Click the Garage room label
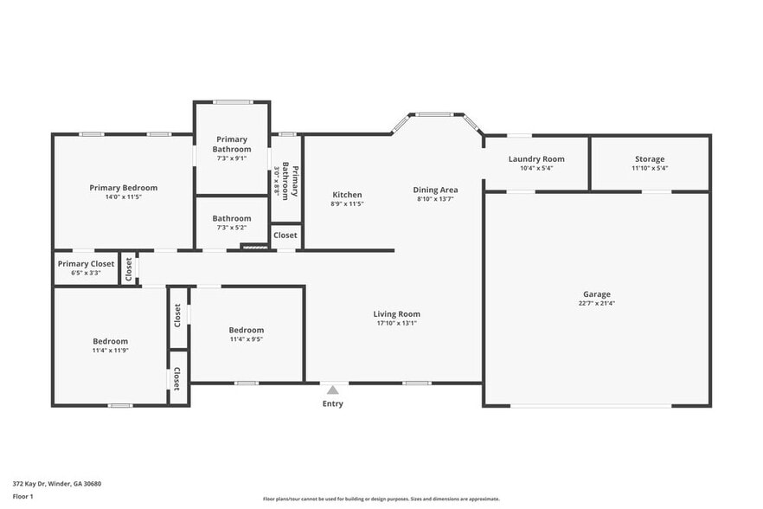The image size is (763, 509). click(596, 294)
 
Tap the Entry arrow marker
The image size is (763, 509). click(332, 390)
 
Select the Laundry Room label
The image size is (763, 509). click(536, 159)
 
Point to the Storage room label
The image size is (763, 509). click(650, 159)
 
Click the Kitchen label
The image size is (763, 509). click(347, 195)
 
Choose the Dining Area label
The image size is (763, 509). click(435, 190)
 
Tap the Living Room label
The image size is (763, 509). click(396, 314)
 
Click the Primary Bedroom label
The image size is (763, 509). click(124, 188)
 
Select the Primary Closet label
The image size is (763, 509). click(86, 264)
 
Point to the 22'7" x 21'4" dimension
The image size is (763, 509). click(596, 304)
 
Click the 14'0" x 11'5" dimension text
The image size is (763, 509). click(124, 197)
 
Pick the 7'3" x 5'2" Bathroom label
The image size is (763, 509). click(232, 219)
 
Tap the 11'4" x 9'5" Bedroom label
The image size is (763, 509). click(247, 330)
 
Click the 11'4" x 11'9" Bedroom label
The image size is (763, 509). click(111, 341)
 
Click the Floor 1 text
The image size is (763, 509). click(23, 496)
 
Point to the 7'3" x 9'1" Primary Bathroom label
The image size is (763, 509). click(232, 144)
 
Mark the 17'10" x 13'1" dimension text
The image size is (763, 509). click(396, 324)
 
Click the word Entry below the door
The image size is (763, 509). click(332, 404)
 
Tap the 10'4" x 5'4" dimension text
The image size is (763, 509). click(536, 169)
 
